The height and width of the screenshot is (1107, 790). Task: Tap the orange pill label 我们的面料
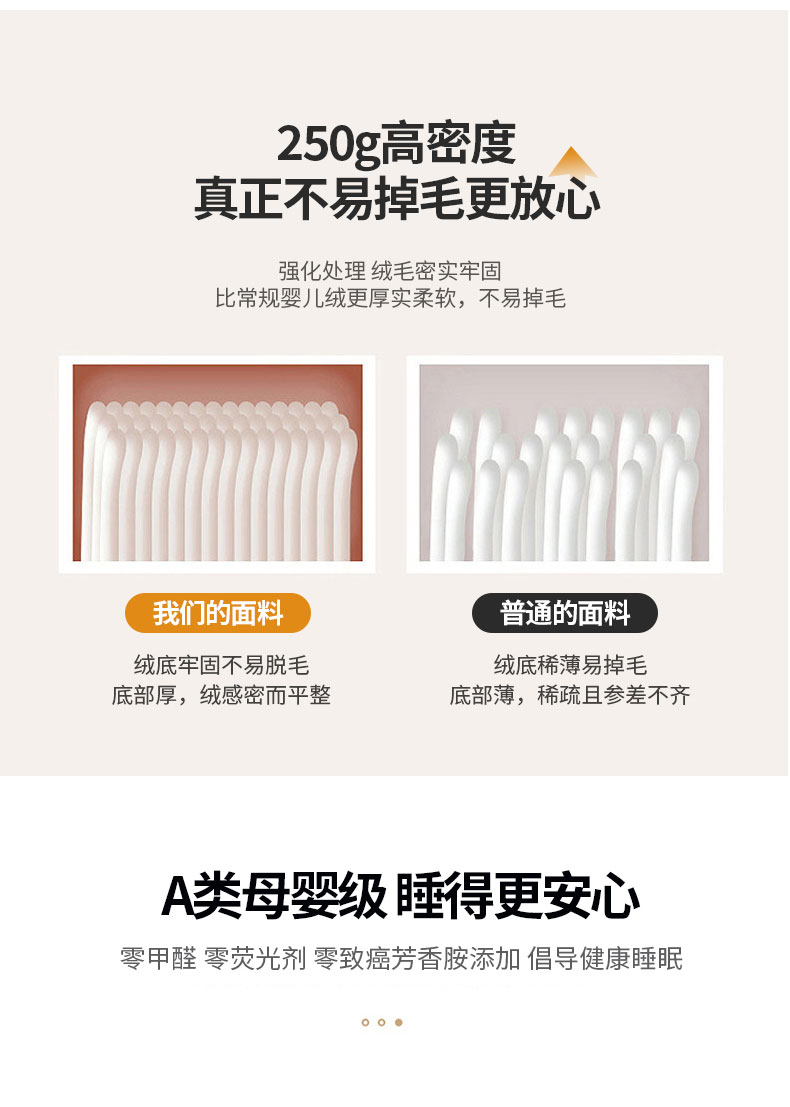pyautogui.click(x=217, y=613)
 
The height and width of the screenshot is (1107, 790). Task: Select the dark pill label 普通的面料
pyautogui.click(x=565, y=613)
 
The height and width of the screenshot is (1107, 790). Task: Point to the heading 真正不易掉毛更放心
pyautogui.click(x=397, y=198)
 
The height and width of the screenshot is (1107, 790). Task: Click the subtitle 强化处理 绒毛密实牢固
pyautogui.click(x=390, y=270)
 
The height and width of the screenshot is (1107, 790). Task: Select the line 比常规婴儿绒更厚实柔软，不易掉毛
pyautogui.click(x=390, y=299)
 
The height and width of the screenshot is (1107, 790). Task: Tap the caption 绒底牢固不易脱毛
pyautogui.click(x=221, y=665)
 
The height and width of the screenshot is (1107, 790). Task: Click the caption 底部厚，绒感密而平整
pyautogui.click(x=221, y=695)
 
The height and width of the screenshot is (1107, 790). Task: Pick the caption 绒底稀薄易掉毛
pyautogui.click(x=570, y=665)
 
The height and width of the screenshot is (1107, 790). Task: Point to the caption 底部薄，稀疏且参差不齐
pyautogui.click(x=570, y=695)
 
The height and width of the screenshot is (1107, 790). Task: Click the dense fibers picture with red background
pyautogui.click(x=217, y=463)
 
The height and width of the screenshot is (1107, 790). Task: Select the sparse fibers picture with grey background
pyautogui.click(x=564, y=463)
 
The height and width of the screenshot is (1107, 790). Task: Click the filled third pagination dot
pyautogui.click(x=399, y=1022)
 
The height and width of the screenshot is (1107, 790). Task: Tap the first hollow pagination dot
pyautogui.click(x=365, y=1022)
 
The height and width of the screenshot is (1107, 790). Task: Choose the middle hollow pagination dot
pyautogui.click(x=382, y=1022)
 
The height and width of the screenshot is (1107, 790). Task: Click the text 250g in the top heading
pyautogui.click(x=328, y=145)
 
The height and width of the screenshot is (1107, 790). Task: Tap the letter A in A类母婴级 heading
pyautogui.click(x=176, y=897)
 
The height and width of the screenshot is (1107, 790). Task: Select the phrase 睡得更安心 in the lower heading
pyautogui.click(x=517, y=896)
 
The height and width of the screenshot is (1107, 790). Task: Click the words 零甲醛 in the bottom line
pyautogui.click(x=158, y=959)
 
